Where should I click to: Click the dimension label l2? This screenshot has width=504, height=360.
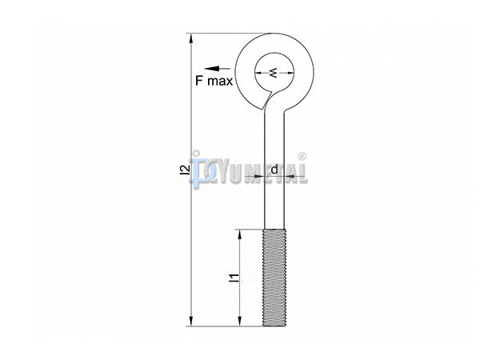tap(184, 170)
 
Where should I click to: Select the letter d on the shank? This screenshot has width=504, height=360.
tap(274, 170)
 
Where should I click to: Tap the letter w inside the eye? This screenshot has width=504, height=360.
tap(274, 73)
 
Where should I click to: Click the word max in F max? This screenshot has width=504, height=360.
tap(220, 82)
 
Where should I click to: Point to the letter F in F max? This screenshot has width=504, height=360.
tap(199, 80)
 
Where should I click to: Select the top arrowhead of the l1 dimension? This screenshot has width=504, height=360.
tap(239, 236)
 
